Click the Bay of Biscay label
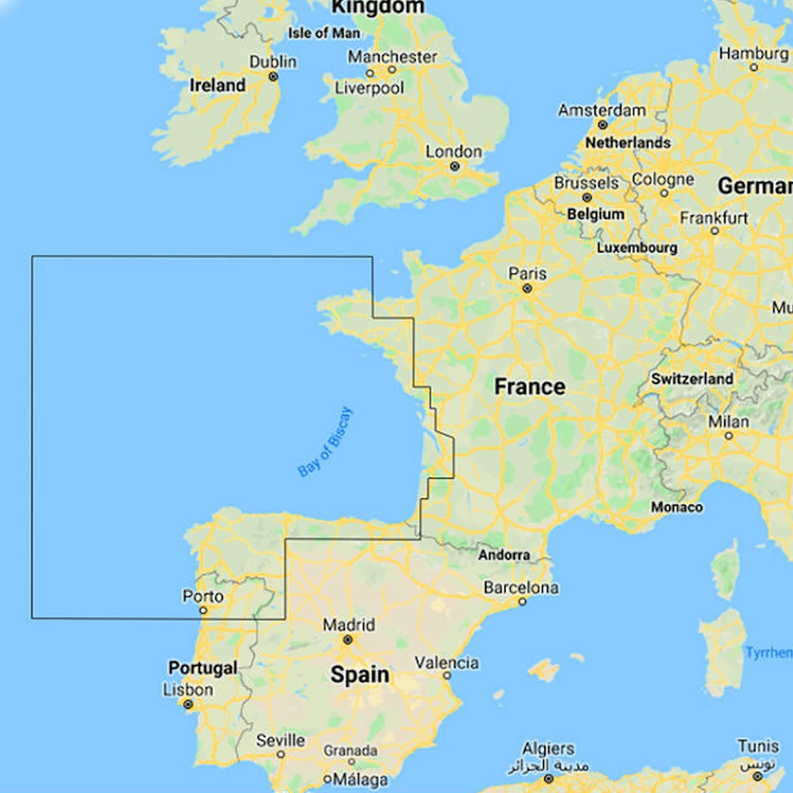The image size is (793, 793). pos(325,442)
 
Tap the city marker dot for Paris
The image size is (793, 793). pos(527,289)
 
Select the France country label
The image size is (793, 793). pos(530,387)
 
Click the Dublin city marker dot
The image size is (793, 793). pos(273,77)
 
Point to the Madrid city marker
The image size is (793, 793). pos(347,639)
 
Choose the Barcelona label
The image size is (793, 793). pos(521,588)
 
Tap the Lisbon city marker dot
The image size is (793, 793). pos(188,704)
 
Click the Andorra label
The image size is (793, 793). pos(504,555)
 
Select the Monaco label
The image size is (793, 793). pos(676,507)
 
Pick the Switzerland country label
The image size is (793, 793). pos(692,379)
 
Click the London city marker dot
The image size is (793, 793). pos(454,167)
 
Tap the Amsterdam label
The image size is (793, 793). pos(602,110)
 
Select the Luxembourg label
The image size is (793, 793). pos(637,247)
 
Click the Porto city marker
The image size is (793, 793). pos(203,611)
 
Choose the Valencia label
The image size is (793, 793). pos(446,663)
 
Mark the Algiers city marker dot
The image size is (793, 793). pos(548,780)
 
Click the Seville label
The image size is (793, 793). pos(281,741)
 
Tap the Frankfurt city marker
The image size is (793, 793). pos(714,231)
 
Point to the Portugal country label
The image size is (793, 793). pos(202,668)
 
